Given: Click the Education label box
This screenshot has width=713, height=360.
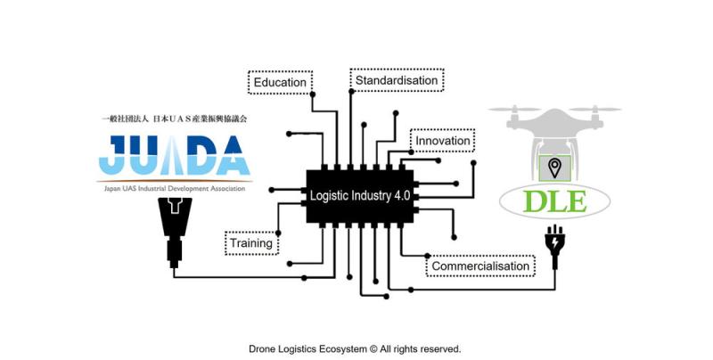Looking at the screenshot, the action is click(280, 82).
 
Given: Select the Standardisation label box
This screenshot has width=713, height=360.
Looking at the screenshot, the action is click(397, 80).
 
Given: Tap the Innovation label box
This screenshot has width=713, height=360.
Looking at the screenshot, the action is click(442, 141).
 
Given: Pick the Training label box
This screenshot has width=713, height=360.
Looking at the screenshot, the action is click(251, 242).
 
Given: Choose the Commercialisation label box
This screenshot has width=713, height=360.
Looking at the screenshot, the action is click(480, 266).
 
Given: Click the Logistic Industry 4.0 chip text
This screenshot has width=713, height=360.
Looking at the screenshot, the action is click(360, 196).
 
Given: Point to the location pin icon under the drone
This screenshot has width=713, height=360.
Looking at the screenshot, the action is click(554, 168).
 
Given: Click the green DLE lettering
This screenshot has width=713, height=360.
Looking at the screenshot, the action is click(554, 201).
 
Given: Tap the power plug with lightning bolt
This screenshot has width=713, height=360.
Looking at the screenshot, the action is click(554, 245).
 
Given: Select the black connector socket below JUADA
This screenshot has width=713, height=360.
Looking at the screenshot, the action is click(175, 232).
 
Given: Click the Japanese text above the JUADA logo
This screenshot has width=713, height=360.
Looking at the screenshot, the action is click(174, 119).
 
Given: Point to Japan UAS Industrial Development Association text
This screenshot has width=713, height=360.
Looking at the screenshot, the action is click(175, 188).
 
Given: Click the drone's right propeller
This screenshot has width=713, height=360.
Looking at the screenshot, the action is click(594, 110).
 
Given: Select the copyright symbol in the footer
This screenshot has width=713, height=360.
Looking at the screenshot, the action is click(373, 349).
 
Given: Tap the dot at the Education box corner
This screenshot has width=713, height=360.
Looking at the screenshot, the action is click(313, 94).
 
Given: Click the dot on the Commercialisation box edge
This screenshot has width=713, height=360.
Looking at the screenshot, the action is click(428, 256).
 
